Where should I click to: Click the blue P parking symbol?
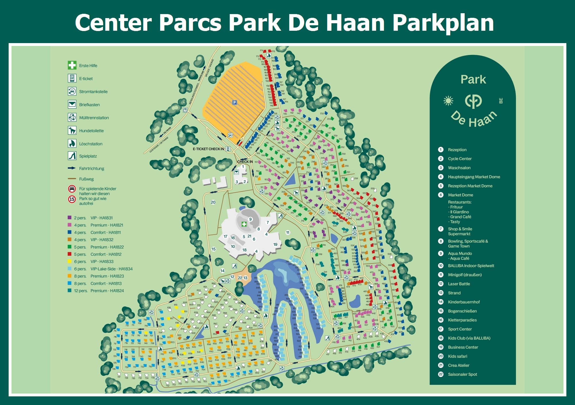(235, 103)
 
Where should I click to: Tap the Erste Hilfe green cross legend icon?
(72, 65)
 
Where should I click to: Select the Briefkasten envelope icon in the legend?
(72, 105)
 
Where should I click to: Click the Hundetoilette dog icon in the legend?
(72, 130)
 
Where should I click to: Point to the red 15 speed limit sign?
(72, 199)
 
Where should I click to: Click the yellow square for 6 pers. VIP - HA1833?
(70, 261)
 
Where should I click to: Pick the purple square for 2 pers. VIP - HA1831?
(70, 218)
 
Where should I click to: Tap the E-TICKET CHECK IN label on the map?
(208, 149)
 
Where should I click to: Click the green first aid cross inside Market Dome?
(244, 224)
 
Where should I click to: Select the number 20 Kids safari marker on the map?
(213, 202)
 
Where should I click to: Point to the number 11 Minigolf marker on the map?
(288, 232)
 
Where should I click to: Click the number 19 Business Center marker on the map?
(275, 244)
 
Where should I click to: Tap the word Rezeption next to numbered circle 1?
(457, 150)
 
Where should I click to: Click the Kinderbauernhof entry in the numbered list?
(464, 302)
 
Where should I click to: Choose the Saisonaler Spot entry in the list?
(462, 374)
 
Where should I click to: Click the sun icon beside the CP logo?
(448, 101)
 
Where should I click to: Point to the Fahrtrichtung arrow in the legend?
(72, 168)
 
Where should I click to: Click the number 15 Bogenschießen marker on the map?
(214, 249)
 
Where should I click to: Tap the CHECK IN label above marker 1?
(245, 162)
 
